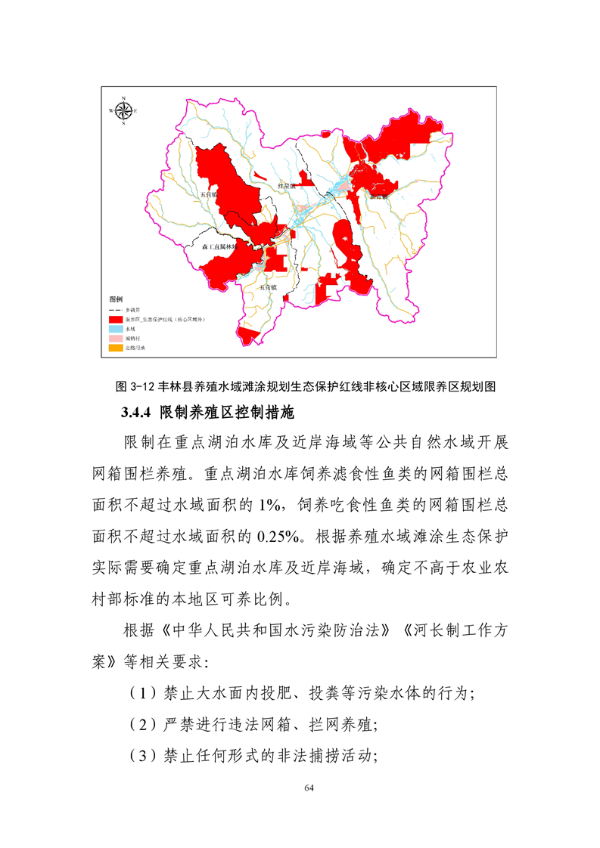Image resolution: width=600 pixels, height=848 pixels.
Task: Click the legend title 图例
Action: click(116, 300)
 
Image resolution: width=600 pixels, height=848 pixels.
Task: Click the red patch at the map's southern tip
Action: click(248, 335)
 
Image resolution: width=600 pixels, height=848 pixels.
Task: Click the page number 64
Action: click(308, 788)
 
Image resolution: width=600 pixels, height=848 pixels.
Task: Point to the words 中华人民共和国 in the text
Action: click(226, 630)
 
